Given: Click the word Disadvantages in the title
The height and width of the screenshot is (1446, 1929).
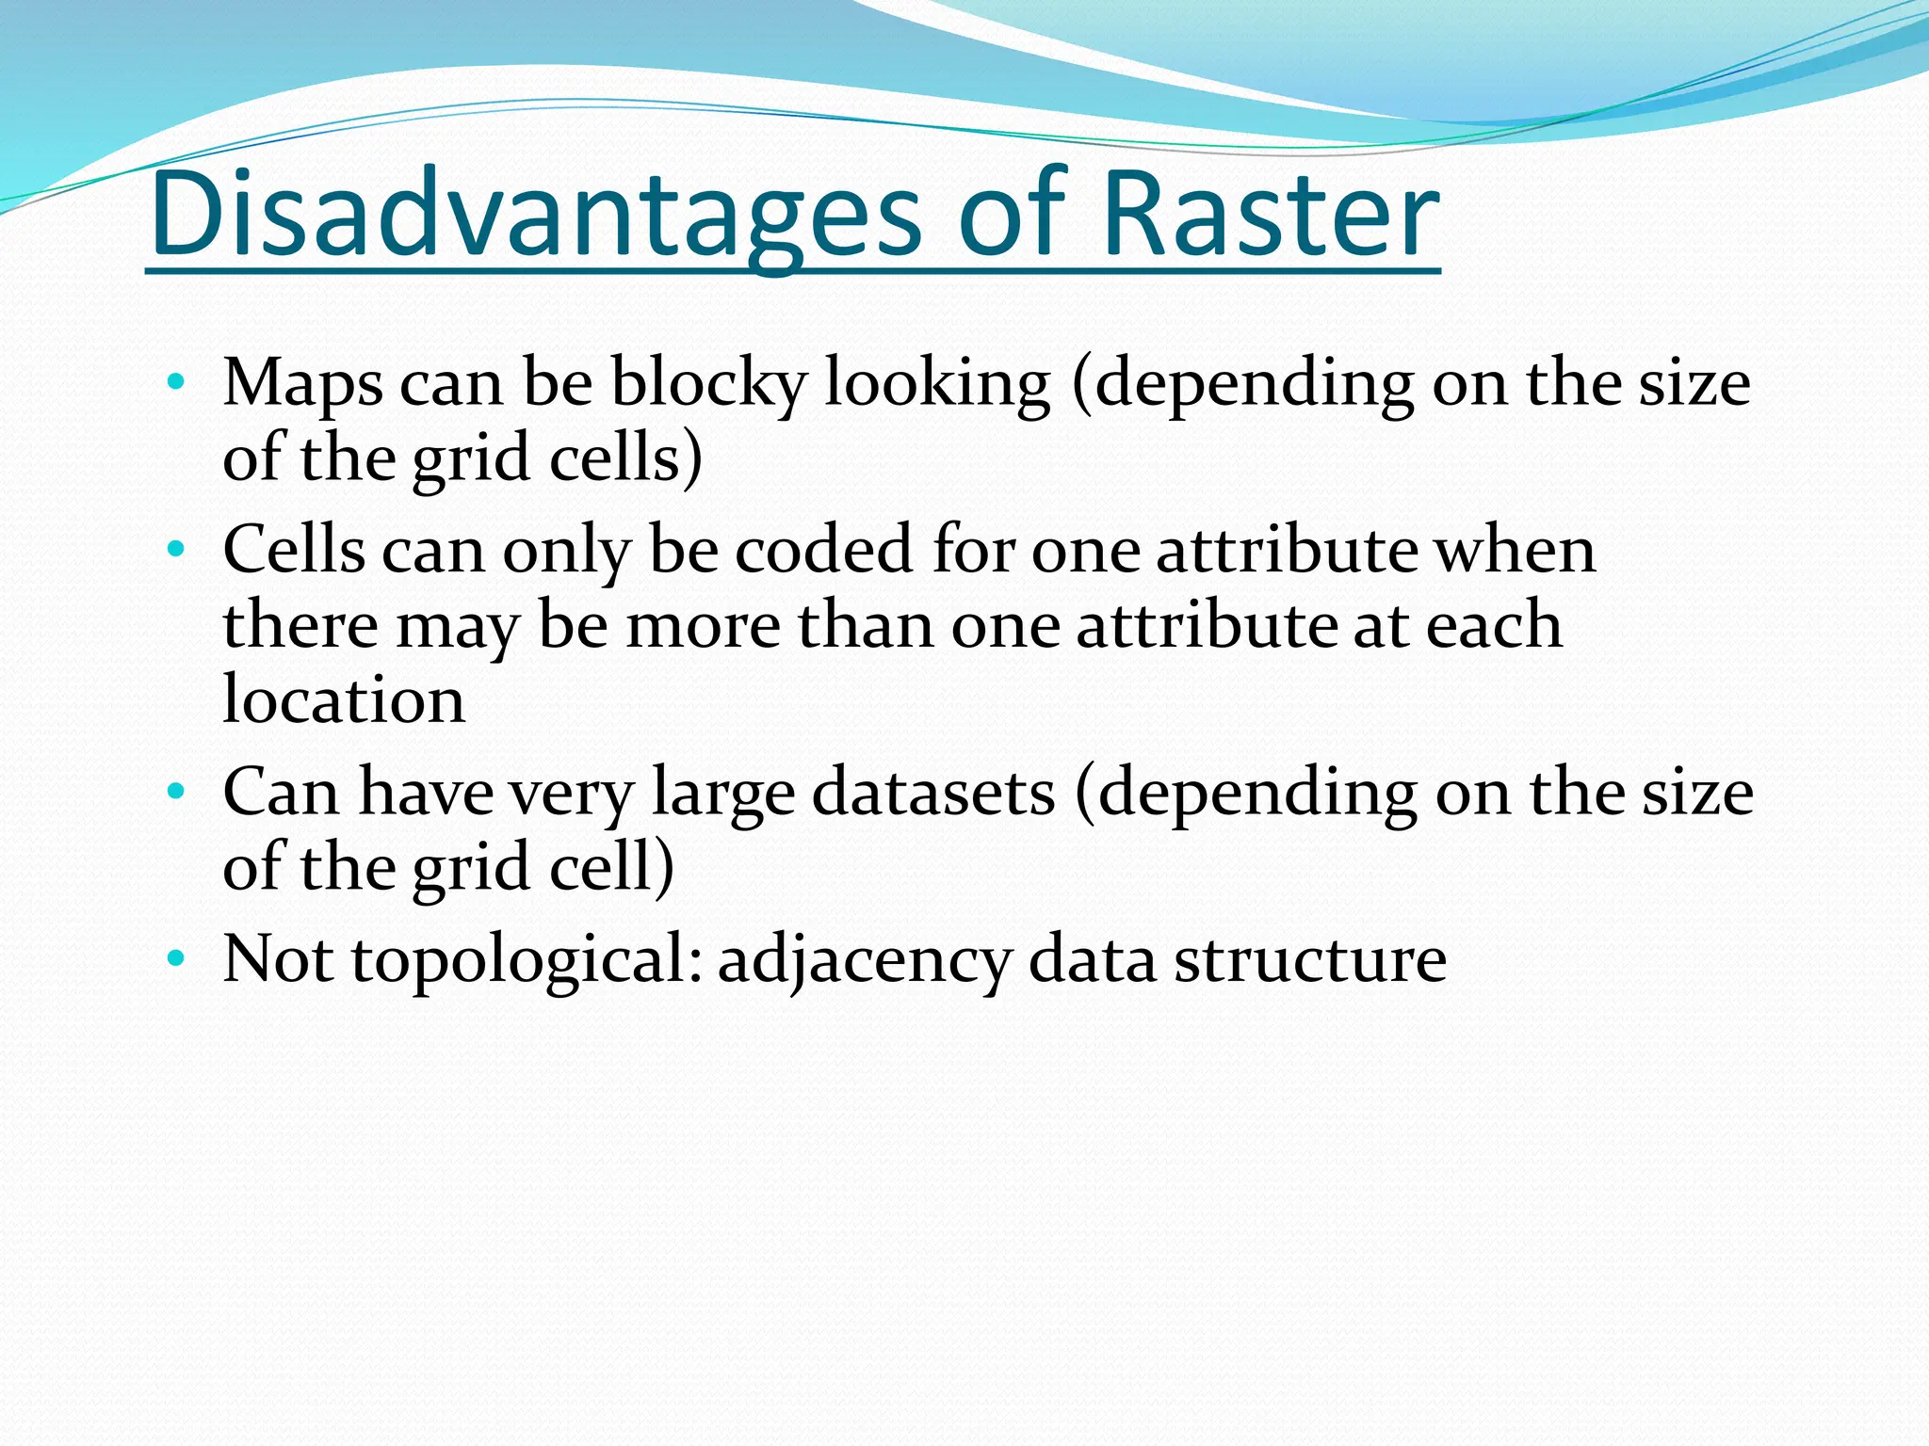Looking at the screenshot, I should pos(535,215).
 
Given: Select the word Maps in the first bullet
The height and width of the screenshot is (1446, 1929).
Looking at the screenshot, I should pos(302,384).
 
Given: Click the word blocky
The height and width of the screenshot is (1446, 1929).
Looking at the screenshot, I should pos(708,384).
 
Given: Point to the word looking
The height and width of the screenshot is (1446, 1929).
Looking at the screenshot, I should pos(937,384).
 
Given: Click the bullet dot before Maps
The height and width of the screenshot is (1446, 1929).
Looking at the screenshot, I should pos(175,382).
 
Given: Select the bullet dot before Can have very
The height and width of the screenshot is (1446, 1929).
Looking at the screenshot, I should pos(175,792).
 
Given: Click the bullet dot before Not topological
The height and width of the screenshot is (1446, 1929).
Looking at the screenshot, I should pos(175,959).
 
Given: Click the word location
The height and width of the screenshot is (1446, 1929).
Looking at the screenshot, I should pos(344,699).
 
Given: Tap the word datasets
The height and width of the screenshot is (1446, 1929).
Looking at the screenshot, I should pos(933,792).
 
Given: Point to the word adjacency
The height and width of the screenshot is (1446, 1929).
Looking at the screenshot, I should pos(865,959).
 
